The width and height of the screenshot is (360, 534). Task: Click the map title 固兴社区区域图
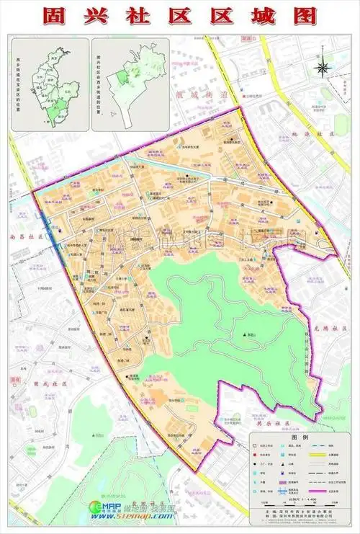(180, 17)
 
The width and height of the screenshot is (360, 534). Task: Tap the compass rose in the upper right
(322, 68)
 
